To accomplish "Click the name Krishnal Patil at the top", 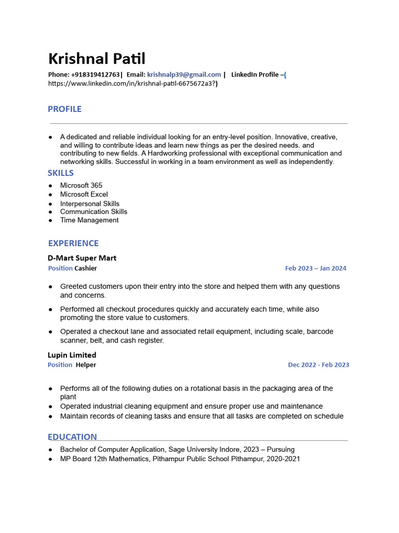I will (97, 58).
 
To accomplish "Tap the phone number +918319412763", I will (95, 74).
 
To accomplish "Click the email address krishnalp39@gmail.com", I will (184, 74).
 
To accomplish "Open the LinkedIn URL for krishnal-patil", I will (132, 83).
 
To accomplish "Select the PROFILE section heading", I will (64, 109).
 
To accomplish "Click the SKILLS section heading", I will (60, 173).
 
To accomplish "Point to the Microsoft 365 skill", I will (81, 185).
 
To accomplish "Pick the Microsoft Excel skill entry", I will (84, 194).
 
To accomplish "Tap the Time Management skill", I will (89, 220).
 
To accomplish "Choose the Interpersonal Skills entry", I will (89, 204).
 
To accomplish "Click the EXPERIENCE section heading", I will (73, 243).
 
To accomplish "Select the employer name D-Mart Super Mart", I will (82, 258).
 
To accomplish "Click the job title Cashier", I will (86, 269).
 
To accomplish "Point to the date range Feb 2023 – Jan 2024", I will (315, 269).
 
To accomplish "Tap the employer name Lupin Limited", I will (72, 355).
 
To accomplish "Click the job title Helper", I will (86, 365).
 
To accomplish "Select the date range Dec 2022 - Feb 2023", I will (318, 365).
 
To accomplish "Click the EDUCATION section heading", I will (72, 437).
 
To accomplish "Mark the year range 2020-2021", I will (283, 459).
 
